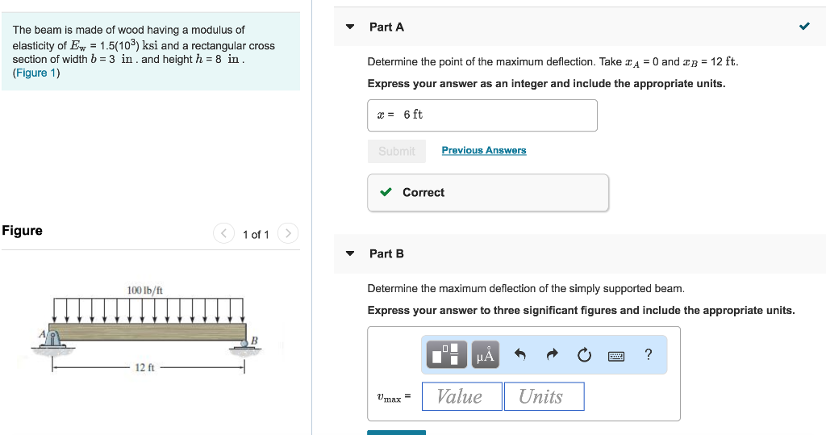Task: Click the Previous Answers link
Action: pyautogui.click(x=484, y=150)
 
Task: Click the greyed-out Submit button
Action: pyautogui.click(x=396, y=151)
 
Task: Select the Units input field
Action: pyautogui.click(x=544, y=396)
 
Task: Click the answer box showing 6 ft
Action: pyautogui.click(x=482, y=115)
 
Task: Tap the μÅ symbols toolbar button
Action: pyautogui.click(x=486, y=354)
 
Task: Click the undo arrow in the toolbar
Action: pyautogui.click(x=520, y=354)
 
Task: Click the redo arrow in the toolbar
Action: pyautogui.click(x=553, y=354)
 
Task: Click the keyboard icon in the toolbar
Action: pyautogui.click(x=617, y=355)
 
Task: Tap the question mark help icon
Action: pyautogui.click(x=649, y=354)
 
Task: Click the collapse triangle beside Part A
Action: pyautogui.click(x=350, y=27)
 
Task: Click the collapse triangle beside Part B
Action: pyautogui.click(x=350, y=253)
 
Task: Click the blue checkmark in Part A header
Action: pyautogui.click(x=804, y=27)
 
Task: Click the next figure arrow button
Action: pyautogui.click(x=288, y=234)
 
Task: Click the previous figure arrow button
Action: pyautogui.click(x=223, y=234)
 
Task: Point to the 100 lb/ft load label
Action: pyautogui.click(x=144, y=290)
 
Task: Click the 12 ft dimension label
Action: pyautogui.click(x=144, y=368)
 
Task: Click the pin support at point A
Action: pyautogui.click(x=53, y=340)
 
